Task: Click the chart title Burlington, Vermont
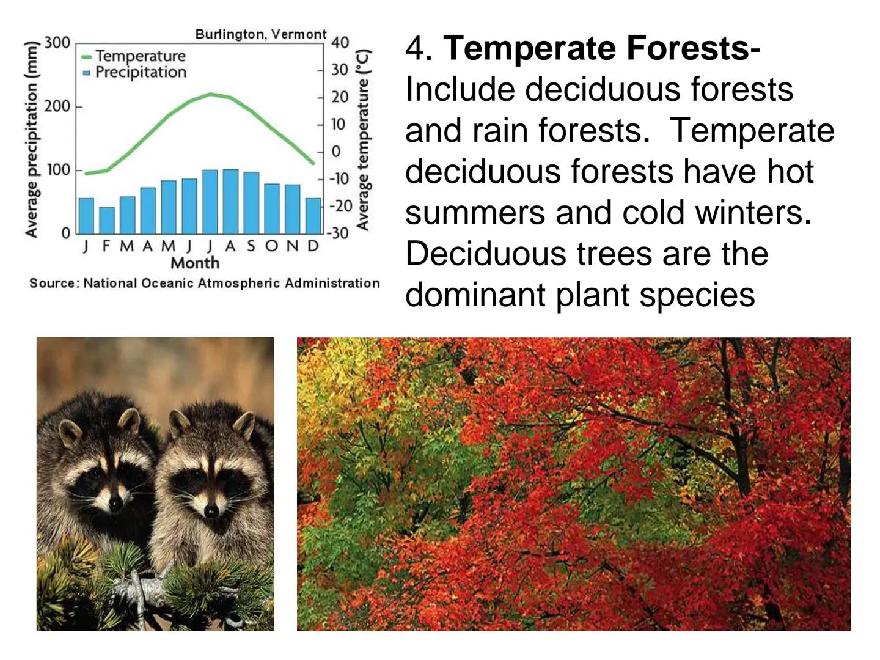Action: coord(261,34)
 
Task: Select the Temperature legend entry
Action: coord(140,56)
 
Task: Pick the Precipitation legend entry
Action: coord(141,72)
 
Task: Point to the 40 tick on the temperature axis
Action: coord(340,43)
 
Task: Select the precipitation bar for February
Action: coord(107,220)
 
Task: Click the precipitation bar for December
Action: coord(313,215)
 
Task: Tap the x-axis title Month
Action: coord(195,263)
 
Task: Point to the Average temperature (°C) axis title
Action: coord(363,139)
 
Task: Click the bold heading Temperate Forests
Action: coord(595,48)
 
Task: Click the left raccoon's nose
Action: coord(115,504)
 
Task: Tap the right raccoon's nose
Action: coord(211,509)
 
